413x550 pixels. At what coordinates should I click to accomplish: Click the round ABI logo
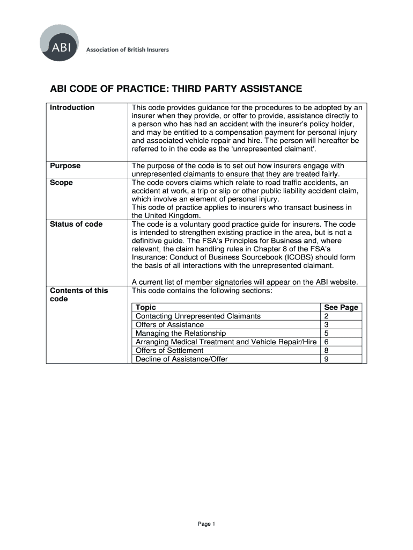59,43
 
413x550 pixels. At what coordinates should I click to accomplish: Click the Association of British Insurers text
128,50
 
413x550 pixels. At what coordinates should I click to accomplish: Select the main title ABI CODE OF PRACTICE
176,89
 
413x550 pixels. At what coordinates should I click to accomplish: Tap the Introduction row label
72,107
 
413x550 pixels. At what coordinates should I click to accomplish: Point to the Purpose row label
65,166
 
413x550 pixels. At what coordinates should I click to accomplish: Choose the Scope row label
61,183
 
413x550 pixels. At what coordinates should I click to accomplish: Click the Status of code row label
76,224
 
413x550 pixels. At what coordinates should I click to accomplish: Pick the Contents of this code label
78,295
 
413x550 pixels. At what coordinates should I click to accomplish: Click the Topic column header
146,308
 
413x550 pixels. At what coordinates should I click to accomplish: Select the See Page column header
341,308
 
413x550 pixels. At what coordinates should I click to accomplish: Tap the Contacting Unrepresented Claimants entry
198,316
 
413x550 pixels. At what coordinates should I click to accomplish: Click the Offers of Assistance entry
169,325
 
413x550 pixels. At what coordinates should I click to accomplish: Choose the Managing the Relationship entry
178,334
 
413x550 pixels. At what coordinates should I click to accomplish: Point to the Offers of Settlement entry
169,351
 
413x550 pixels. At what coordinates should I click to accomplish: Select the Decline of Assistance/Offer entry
181,359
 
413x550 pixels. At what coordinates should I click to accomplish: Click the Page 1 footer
206,524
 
